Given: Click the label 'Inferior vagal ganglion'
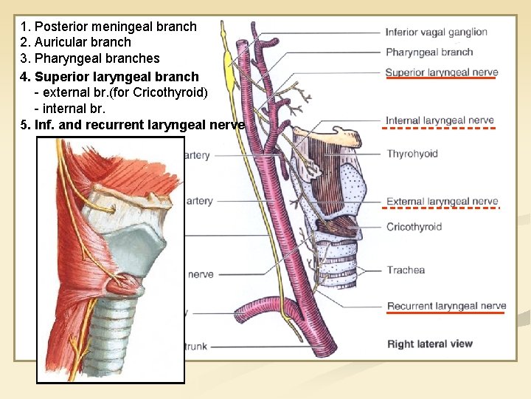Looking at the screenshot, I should coord(436,32).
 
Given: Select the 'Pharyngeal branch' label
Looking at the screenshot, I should coord(429,52).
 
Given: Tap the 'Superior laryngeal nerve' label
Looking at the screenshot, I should coord(441,72).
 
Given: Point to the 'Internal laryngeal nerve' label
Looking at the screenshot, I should coord(440,120).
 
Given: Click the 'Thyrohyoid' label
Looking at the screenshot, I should coord(412,154).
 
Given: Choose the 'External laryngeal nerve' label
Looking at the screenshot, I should coord(442,201).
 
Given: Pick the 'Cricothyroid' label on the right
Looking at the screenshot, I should coord(414,227).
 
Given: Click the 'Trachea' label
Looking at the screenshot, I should coord(406,270).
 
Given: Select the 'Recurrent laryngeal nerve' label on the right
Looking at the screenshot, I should coord(446,306).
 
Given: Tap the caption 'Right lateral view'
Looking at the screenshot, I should coord(430,344).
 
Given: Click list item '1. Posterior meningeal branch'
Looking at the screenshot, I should coord(109,27).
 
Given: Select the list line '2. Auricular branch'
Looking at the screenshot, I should coord(77,42).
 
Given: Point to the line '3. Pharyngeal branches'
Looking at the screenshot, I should coord(91,58).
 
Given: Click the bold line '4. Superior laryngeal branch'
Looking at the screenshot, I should coord(110,77).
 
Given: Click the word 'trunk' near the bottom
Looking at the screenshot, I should coord(195,347).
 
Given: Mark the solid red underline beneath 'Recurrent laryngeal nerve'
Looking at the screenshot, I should coord(445,313).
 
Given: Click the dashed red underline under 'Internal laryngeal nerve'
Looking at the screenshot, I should coord(440,128).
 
